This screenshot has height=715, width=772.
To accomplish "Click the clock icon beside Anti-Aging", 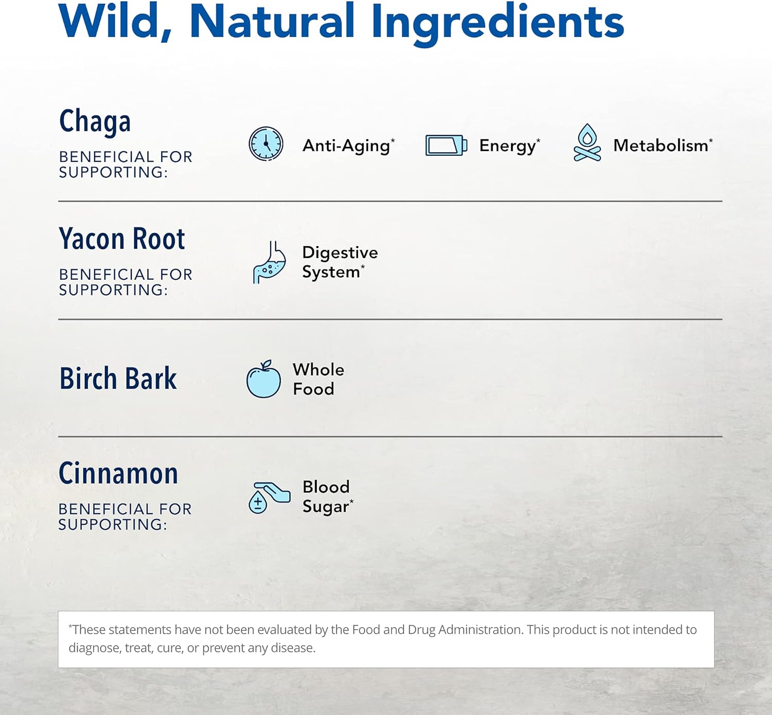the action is [x=266, y=144].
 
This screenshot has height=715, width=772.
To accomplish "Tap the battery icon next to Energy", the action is [x=446, y=146].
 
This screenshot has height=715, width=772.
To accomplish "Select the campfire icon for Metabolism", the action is [x=587, y=142].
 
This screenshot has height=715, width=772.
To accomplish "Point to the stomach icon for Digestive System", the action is [x=269, y=262].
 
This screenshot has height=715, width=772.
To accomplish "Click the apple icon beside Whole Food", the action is [x=264, y=379].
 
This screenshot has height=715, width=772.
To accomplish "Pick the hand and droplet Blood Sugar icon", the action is [x=269, y=498].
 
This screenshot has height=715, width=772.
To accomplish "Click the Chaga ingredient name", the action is [x=95, y=121].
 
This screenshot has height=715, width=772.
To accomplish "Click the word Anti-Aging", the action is [x=346, y=147].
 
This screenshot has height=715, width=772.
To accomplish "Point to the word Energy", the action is [x=507, y=147].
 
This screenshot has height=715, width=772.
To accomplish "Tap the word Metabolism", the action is [x=661, y=146].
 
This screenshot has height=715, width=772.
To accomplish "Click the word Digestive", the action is [x=340, y=253].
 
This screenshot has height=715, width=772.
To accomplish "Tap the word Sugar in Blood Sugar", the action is [x=325, y=507].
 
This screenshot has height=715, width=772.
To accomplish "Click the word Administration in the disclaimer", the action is [x=481, y=630].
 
